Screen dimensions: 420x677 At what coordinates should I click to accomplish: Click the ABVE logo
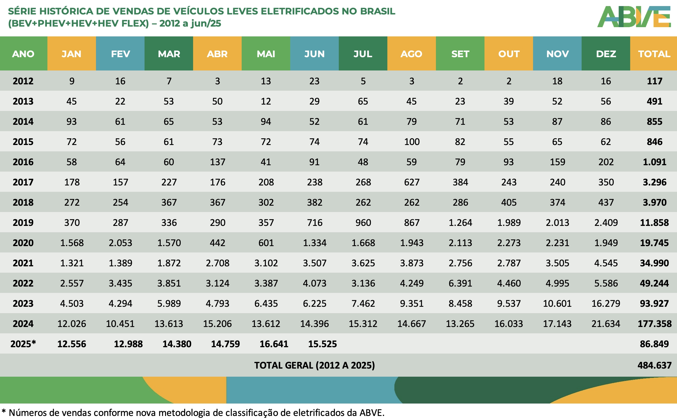[634, 17]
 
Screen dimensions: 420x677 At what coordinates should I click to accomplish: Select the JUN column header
[314, 54]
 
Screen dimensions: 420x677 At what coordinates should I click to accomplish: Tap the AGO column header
[411, 54]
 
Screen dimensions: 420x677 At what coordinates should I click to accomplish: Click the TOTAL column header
[654, 54]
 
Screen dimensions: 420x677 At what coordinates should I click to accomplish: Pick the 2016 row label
[23, 162]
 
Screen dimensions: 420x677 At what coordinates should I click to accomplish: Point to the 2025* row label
[23, 344]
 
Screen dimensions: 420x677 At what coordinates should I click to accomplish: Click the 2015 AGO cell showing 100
[412, 142]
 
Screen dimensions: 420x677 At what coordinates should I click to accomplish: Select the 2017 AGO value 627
[412, 182]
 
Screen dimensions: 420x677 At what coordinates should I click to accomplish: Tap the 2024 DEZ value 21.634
[606, 324]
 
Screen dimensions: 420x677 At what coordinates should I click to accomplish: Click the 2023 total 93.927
[654, 303]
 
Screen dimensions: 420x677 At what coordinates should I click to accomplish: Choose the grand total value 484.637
[654, 365]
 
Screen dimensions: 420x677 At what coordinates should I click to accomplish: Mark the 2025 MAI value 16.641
[274, 344]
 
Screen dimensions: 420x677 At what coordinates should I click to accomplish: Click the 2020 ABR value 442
[217, 243]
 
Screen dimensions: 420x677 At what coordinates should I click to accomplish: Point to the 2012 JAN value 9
[72, 81]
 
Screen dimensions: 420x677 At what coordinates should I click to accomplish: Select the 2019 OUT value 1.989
[509, 222]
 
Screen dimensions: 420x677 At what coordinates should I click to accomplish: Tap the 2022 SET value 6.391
[460, 283]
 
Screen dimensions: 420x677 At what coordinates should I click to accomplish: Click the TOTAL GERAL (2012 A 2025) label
[314, 365]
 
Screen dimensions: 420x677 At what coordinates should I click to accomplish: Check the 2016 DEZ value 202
[606, 162]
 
